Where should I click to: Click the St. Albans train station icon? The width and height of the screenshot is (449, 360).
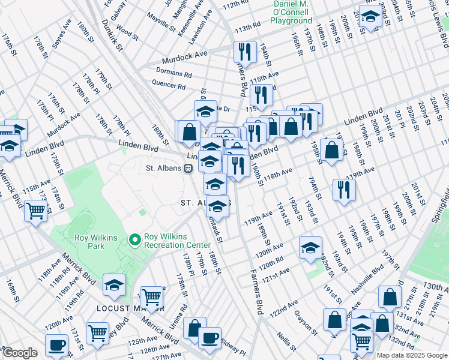(x=188, y=169)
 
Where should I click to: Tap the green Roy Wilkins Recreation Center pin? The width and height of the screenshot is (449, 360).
(x=135, y=241)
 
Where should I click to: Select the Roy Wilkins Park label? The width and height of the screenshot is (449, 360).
(x=97, y=241)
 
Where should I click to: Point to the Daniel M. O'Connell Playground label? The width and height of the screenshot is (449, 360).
(x=291, y=13)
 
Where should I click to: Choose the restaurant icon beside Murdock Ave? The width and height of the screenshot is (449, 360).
(x=244, y=52)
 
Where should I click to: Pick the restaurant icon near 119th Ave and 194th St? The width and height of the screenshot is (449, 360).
(x=344, y=190)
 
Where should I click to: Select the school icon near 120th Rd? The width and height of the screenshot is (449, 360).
(x=310, y=247)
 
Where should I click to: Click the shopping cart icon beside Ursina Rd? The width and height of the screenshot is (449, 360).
(x=151, y=297)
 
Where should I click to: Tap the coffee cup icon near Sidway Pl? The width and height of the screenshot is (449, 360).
(x=209, y=338)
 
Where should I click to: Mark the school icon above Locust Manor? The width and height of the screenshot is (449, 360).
(x=114, y=285)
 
